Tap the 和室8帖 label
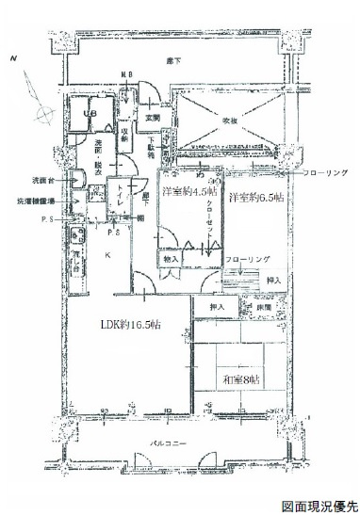tap(240, 378)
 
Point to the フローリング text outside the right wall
tap(325, 173)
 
